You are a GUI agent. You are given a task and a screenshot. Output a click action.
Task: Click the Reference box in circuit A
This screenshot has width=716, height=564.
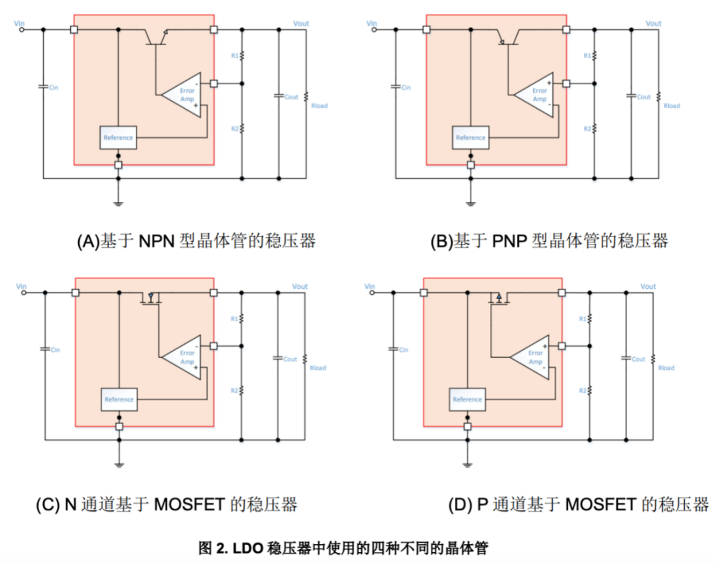(118, 138)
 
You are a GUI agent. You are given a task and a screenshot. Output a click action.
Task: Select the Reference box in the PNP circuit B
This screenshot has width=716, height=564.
(471, 138)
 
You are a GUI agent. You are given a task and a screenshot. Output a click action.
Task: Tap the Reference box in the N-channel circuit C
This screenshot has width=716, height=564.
(119, 400)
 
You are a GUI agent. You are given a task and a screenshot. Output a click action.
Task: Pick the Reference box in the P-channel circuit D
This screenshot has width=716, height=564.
(467, 400)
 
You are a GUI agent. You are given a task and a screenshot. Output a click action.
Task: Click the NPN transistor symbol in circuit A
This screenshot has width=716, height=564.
(156, 36)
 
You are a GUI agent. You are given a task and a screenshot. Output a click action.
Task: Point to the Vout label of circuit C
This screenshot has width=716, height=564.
(300, 286)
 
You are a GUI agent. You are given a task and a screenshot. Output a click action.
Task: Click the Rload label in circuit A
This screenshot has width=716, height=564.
(319, 106)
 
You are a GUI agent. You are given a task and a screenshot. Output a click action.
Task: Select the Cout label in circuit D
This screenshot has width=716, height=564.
(638, 359)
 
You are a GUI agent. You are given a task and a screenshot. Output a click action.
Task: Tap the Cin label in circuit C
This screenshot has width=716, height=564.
(54, 350)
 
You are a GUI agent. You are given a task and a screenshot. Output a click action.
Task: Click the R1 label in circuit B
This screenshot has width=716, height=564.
(587, 56)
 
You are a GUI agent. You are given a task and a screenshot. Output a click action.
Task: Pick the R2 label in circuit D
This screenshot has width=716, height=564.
(583, 391)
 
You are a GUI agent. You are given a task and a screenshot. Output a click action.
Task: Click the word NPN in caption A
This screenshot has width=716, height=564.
(156, 241)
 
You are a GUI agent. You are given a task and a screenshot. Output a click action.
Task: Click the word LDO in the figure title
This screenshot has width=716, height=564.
(249, 548)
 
